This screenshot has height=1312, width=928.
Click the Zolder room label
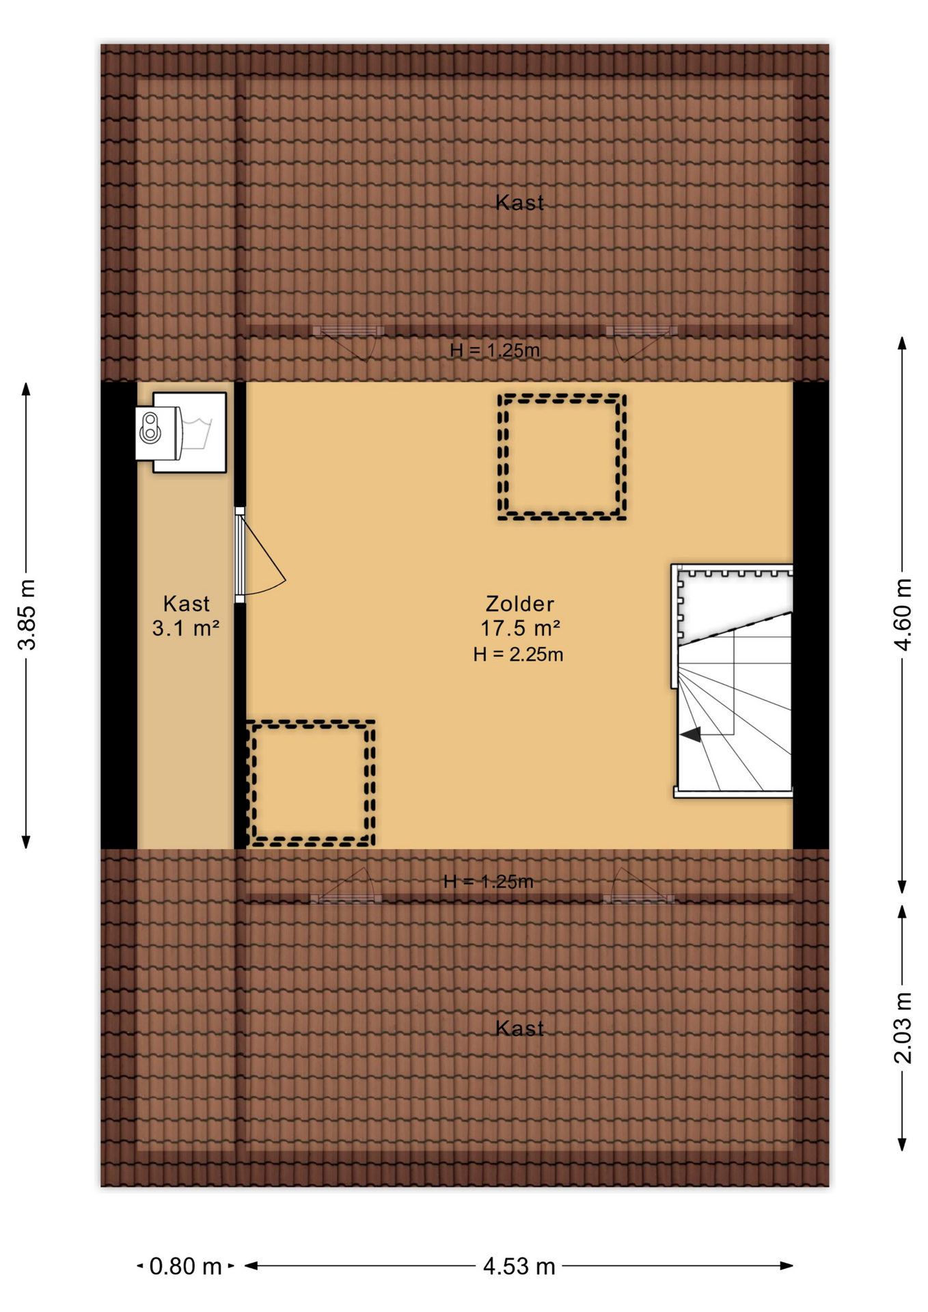[x=519, y=603]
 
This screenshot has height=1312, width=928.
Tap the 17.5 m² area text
[x=520, y=627]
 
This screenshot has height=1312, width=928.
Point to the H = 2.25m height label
[x=518, y=654]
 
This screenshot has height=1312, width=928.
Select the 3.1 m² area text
[x=185, y=627]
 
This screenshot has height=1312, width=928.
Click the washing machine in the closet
[x=181, y=433]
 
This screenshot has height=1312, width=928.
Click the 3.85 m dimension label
[x=27, y=614]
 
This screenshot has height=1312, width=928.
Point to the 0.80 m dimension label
[x=185, y=1266]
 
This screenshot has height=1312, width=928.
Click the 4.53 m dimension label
[x=519, y=1266]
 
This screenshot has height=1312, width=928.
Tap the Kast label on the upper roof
[x=519, y=202]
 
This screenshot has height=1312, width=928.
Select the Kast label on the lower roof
[x=519, y=1028]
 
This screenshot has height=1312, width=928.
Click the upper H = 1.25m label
[x=495, y=351]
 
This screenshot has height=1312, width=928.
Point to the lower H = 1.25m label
[x=488, y=881]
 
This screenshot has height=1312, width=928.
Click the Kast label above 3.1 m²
[x=186, y=603]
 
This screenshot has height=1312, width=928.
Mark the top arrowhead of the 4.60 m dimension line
[x=902, y=342]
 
